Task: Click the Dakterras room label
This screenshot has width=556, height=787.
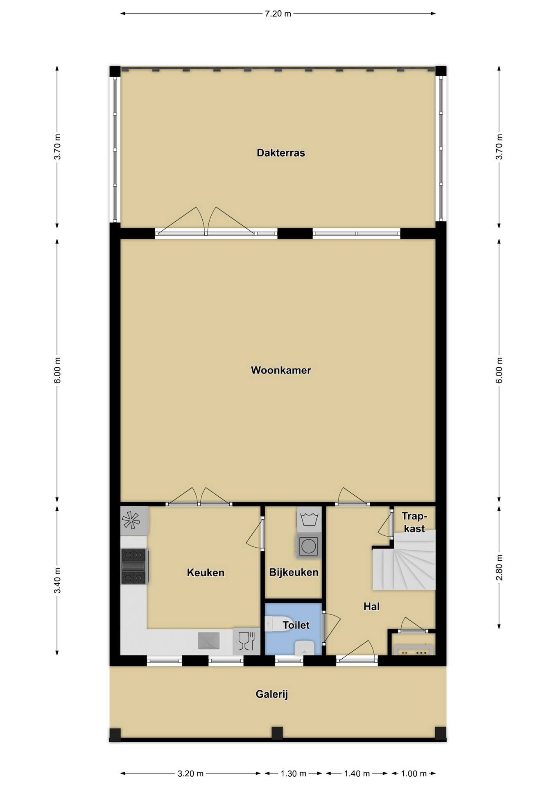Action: point(281,153)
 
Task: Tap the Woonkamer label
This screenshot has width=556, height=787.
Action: point(281,370)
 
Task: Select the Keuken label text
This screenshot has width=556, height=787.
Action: point(206,573)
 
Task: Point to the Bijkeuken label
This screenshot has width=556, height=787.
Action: point(294,572)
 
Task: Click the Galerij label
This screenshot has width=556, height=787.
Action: point(272,694)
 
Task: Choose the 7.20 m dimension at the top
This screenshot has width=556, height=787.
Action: point(278,14)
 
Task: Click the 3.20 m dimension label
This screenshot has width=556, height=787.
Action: point(190,774)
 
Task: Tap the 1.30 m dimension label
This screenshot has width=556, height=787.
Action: point(294,774)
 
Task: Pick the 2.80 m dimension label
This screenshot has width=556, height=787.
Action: point(499,567)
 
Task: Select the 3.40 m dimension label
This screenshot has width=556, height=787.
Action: point(57,580)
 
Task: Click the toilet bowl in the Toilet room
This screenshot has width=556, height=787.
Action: point(278,624)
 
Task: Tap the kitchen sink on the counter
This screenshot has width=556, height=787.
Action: point(209,641)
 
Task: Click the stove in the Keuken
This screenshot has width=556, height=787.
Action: point(134,566)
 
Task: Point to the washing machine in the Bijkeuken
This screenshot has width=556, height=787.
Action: point(308,546)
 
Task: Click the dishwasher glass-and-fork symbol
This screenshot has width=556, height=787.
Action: point(246,641)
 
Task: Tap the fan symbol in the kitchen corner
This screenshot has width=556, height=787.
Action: point(131,520)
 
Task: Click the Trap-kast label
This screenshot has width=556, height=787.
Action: point(414,522)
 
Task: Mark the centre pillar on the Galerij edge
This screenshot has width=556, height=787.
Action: point(277,733)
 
